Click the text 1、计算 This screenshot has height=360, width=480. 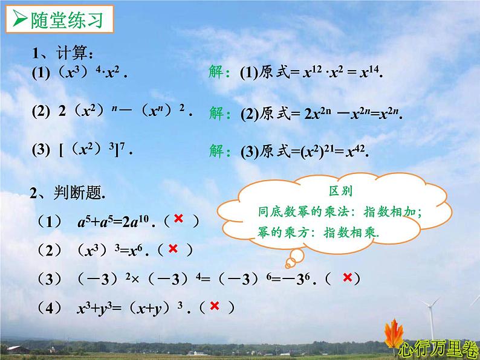click(63, 55)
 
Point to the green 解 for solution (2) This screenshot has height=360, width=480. click(218, 112)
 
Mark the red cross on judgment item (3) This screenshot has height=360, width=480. click(347, 277)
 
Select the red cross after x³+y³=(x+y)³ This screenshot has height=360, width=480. click(214, 307)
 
